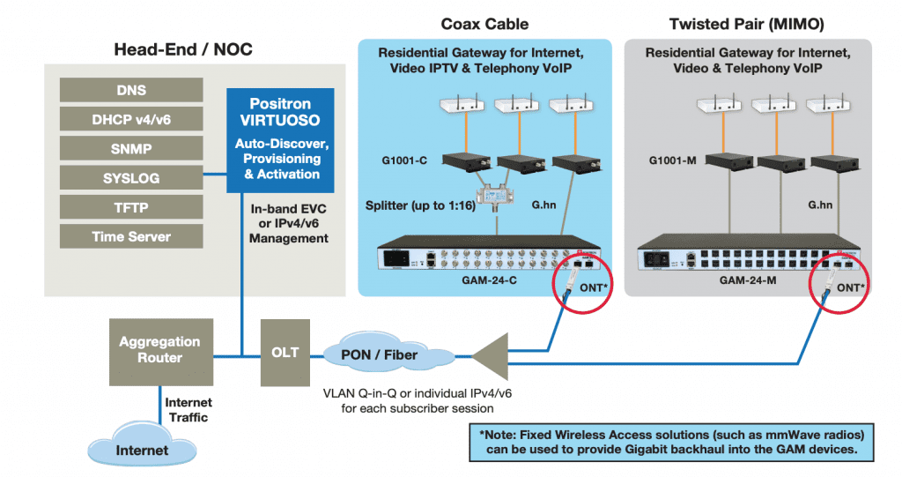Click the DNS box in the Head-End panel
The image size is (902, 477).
coord(131,90)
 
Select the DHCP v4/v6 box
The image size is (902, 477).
coord(131,119)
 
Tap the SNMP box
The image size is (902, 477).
coord(131,148)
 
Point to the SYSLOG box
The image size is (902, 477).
coord(131,178)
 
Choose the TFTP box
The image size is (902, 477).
coord(131,207)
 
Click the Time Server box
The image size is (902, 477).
coord(131,236)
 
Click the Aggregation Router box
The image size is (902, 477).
coord(160,349)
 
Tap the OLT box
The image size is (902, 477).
coord(285,353)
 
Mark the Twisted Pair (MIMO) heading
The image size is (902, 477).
coord(748,24)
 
